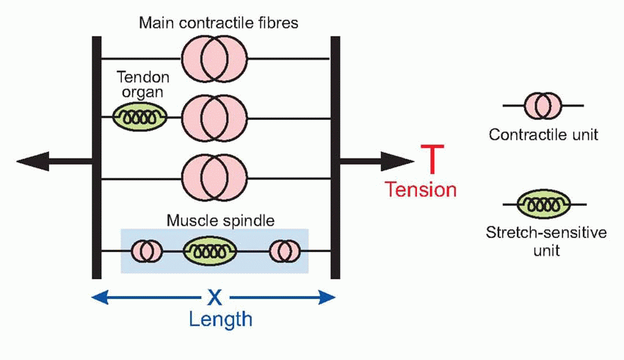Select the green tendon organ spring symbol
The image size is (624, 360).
pos(139,115)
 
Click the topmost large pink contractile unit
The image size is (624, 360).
pos(214,57)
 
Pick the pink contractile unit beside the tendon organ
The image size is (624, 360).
pos(214,118)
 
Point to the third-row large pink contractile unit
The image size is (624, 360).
pos(214,177)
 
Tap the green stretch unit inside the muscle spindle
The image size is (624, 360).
pos(210,251)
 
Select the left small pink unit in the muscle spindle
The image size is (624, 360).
pos(147,251)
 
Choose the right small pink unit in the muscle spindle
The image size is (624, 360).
pos(283,251)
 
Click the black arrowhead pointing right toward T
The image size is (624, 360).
pos(399,160)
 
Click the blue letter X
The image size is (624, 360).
pos(214,297)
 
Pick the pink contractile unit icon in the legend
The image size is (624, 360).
pos(543,105)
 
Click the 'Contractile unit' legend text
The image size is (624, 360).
pos(543,135)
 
